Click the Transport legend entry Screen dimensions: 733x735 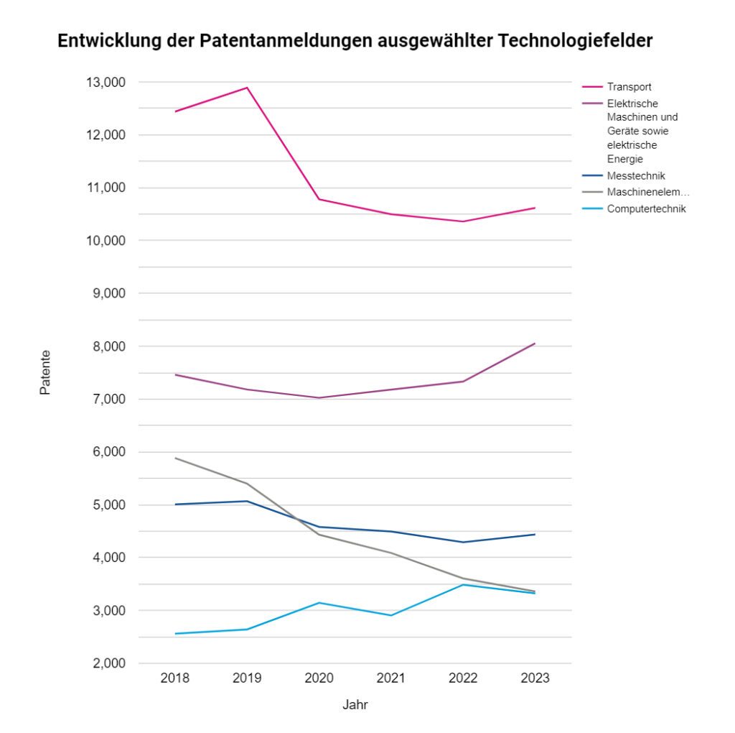point(629,88)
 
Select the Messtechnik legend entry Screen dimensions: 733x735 point(636,176)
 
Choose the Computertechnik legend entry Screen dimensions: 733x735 point(646,209)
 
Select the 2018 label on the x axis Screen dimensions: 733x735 point(175,678)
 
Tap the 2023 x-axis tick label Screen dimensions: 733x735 point(535,678)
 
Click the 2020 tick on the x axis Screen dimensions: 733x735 point(319,678)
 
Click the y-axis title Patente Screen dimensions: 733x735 point(45,373)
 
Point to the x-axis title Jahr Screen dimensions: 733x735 point(355,705)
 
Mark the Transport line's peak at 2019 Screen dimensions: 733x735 point(247,88)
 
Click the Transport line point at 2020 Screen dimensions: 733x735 point(319,199)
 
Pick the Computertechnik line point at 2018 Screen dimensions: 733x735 point(175,634)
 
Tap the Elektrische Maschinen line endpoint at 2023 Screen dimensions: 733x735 point(535,344)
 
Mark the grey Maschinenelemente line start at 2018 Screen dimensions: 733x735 point(175,458)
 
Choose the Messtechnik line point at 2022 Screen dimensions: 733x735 point(463,543)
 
